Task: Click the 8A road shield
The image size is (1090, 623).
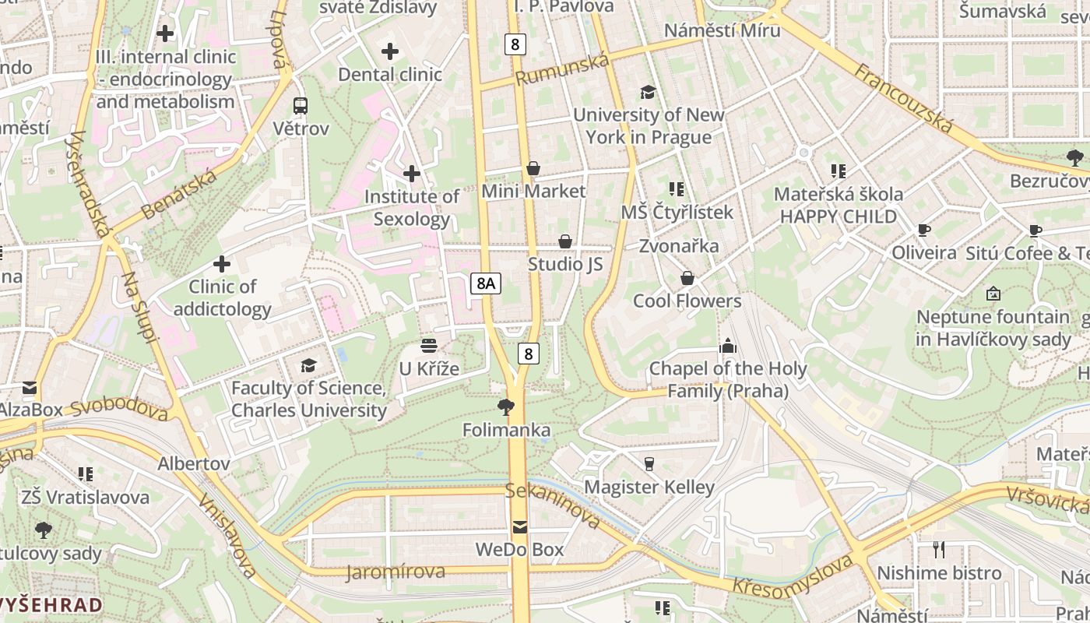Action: click(x=485, y=283)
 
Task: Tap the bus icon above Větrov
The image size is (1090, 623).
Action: click(x=301, y=106)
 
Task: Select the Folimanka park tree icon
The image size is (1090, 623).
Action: click(x=506, y=407)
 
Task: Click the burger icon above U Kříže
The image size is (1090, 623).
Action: click(x=428, y=345)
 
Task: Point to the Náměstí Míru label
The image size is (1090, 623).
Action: click(x=722, y=30)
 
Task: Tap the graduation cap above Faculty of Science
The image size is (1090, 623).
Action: click(x=308, y=365)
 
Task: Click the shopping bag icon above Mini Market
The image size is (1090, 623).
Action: click(x=533, y=168)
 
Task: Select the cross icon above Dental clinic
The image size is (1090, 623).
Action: click(x=390, y=52)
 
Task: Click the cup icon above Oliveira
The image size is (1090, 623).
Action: click(x=923, y=230)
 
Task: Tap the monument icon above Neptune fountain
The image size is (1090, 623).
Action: click(x=993, y=294)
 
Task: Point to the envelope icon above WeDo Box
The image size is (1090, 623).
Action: click(x=519, y=527)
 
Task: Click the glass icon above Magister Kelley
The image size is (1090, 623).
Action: click(x=649, y=464)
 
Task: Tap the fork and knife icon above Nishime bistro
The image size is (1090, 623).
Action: click(x=939, y=550)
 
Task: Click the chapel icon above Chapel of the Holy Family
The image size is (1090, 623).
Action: click(x=727, y=345)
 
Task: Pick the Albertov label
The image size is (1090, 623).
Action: click(x=194, y=463)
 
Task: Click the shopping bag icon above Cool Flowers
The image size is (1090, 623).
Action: click(x=687, y=278)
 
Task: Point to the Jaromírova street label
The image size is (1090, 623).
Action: click(x=396, y=572)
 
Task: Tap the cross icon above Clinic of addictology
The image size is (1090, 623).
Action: click(x=222, y=264)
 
